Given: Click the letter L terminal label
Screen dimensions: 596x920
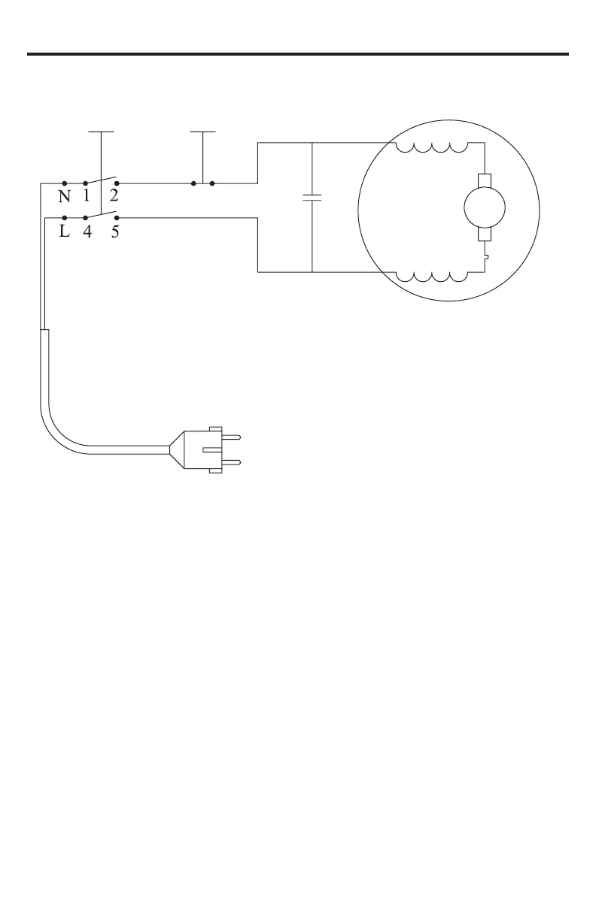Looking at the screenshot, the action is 65,232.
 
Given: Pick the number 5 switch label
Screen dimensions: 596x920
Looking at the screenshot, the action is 114,232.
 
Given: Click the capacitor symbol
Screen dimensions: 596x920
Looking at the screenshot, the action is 312,198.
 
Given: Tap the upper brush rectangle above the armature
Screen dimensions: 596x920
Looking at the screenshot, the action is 484,181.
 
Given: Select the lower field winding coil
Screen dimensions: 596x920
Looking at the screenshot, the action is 432,276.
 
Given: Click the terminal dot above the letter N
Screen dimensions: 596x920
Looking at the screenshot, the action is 65,183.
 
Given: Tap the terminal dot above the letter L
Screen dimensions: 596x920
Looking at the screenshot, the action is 65,218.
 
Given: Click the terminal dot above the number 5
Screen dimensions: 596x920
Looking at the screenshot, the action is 116,218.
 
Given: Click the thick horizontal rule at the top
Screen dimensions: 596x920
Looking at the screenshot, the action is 298,54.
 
